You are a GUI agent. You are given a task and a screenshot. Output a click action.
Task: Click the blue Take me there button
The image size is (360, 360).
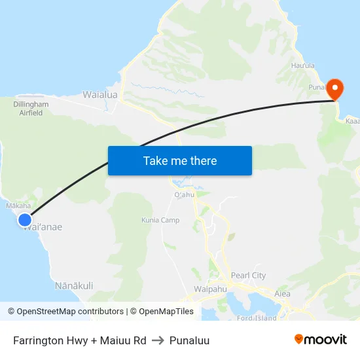click(x=179, y=160)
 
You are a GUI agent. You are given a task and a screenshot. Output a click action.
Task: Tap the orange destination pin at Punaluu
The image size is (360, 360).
click(x=334, y=89)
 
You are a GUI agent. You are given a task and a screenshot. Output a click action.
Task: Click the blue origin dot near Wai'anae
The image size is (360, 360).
click(x=25, y=220)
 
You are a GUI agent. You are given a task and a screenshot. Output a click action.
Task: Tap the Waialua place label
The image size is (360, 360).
click(x=100, y=95)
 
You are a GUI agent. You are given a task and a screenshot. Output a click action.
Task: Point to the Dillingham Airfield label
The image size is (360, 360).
click(x=31, y=108)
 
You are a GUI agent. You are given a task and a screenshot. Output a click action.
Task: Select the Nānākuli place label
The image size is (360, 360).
click(x=74, y=285)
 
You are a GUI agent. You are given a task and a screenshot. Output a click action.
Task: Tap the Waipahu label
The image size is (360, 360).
click(x=210, y=289)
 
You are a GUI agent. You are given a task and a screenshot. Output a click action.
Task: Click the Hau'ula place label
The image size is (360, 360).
click(x=303, y=65)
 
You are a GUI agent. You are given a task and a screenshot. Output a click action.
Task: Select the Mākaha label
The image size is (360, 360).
click(x=18, y=206)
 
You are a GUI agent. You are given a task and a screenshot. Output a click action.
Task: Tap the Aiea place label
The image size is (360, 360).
click(x=282, y=294)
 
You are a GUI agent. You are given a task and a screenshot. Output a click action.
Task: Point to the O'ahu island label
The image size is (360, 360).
click(x=185, y=194)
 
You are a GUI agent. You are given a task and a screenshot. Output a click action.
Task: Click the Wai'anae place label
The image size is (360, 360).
click(x=43, y=227)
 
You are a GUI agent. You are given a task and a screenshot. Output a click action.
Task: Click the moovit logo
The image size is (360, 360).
click(x=321, y=340)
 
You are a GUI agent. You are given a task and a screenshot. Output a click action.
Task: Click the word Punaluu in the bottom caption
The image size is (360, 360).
click(x=189, y=340)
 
